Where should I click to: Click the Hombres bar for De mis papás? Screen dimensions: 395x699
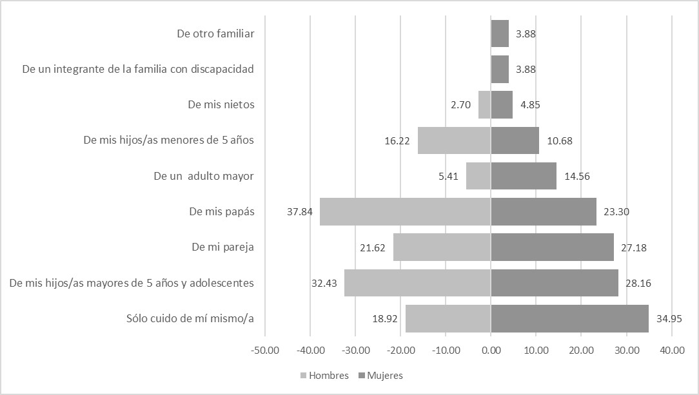pyautogui.click(x=405, y=211)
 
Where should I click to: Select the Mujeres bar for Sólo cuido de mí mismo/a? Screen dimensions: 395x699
pyautogui.click(x=569, y=318)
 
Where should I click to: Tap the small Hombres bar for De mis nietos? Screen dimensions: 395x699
pyautogui.click(x=484, y=104)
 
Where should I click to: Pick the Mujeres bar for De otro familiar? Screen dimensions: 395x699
pyautogui.click(x=500, y=34)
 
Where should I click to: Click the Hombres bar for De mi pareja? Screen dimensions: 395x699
pyautogui.click(x=442, y=247)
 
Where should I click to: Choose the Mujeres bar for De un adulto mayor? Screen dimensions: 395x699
pyautogui.click(x=524, y=176)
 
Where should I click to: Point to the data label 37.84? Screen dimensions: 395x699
pyautogui.click(x=300, y=211)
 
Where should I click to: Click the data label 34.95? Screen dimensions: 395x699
pyautogui.click(x=669, y=318)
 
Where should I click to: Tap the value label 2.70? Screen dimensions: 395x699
pyautogui.click(x=460, y=104)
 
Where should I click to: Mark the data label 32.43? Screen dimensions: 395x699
pyautogui.click(x=324, y=283)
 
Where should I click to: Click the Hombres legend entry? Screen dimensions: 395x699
pyautogui.click(x=324, y=376)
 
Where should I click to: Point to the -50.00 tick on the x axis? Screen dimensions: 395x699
pyautogui.click(x=265, y=351)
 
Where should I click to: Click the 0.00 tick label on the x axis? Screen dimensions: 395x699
pyautogui.click(x=491, y=351)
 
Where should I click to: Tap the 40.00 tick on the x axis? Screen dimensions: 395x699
pyautogui.click(x=671, y=351)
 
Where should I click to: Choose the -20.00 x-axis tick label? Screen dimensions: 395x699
pyautogui.click(x=400, y=351)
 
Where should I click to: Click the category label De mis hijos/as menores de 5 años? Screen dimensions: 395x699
pyautogui.click(x=169, y=140)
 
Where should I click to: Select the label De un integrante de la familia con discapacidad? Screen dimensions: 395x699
pyautogui.click(x=138, y=69)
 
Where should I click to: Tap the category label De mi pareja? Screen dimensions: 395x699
pyautogui.click(x=222, y=247)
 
